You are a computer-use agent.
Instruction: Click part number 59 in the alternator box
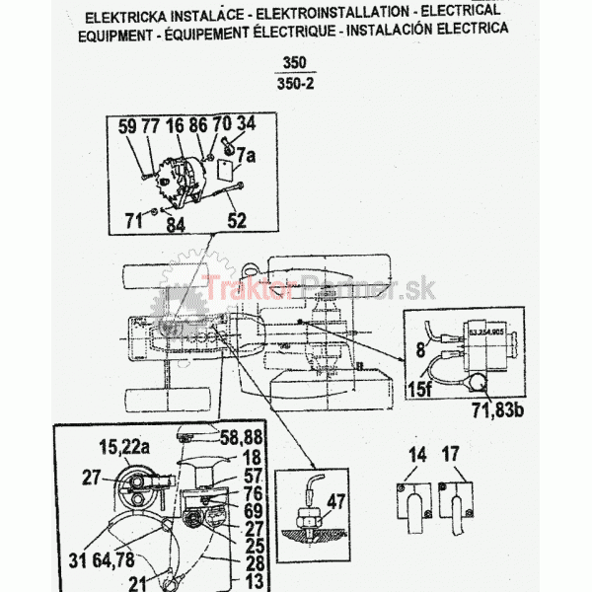tap(128, 126)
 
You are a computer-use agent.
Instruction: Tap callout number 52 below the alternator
tap(238, 221)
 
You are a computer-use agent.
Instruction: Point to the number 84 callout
tap(176, 226)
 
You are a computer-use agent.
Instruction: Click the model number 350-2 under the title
tap(294, 86)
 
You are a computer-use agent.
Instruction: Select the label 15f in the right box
tap(420, 386)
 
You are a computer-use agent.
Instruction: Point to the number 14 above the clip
tap(418, 457)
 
